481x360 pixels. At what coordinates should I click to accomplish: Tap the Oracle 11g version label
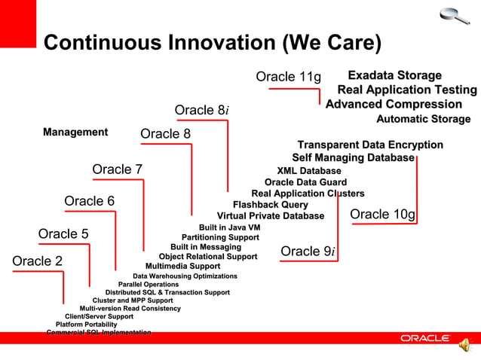point(288,77)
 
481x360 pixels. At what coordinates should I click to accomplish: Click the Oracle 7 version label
point(117,169)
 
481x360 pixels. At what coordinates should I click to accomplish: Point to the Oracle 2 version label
point(38,261)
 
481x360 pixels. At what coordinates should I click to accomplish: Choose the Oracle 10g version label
point(383,215)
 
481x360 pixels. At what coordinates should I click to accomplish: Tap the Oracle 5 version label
point(63,233)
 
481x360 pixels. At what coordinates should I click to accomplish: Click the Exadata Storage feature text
point(394,75)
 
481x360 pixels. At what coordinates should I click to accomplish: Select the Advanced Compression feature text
point(394,104)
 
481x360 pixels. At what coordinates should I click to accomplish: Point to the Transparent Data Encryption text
point(370,145)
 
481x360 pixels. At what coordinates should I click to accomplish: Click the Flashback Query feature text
point(270,205)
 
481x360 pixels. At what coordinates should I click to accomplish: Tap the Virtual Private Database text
point(270,216)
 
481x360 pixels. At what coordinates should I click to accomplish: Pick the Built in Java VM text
point(229,227)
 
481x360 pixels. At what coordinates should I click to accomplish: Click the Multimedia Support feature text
point(182,266)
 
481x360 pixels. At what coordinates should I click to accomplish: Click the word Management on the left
point(75,133)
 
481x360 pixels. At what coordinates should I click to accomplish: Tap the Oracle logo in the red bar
point(424,338)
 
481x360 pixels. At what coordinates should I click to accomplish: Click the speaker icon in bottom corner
point(464,344)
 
